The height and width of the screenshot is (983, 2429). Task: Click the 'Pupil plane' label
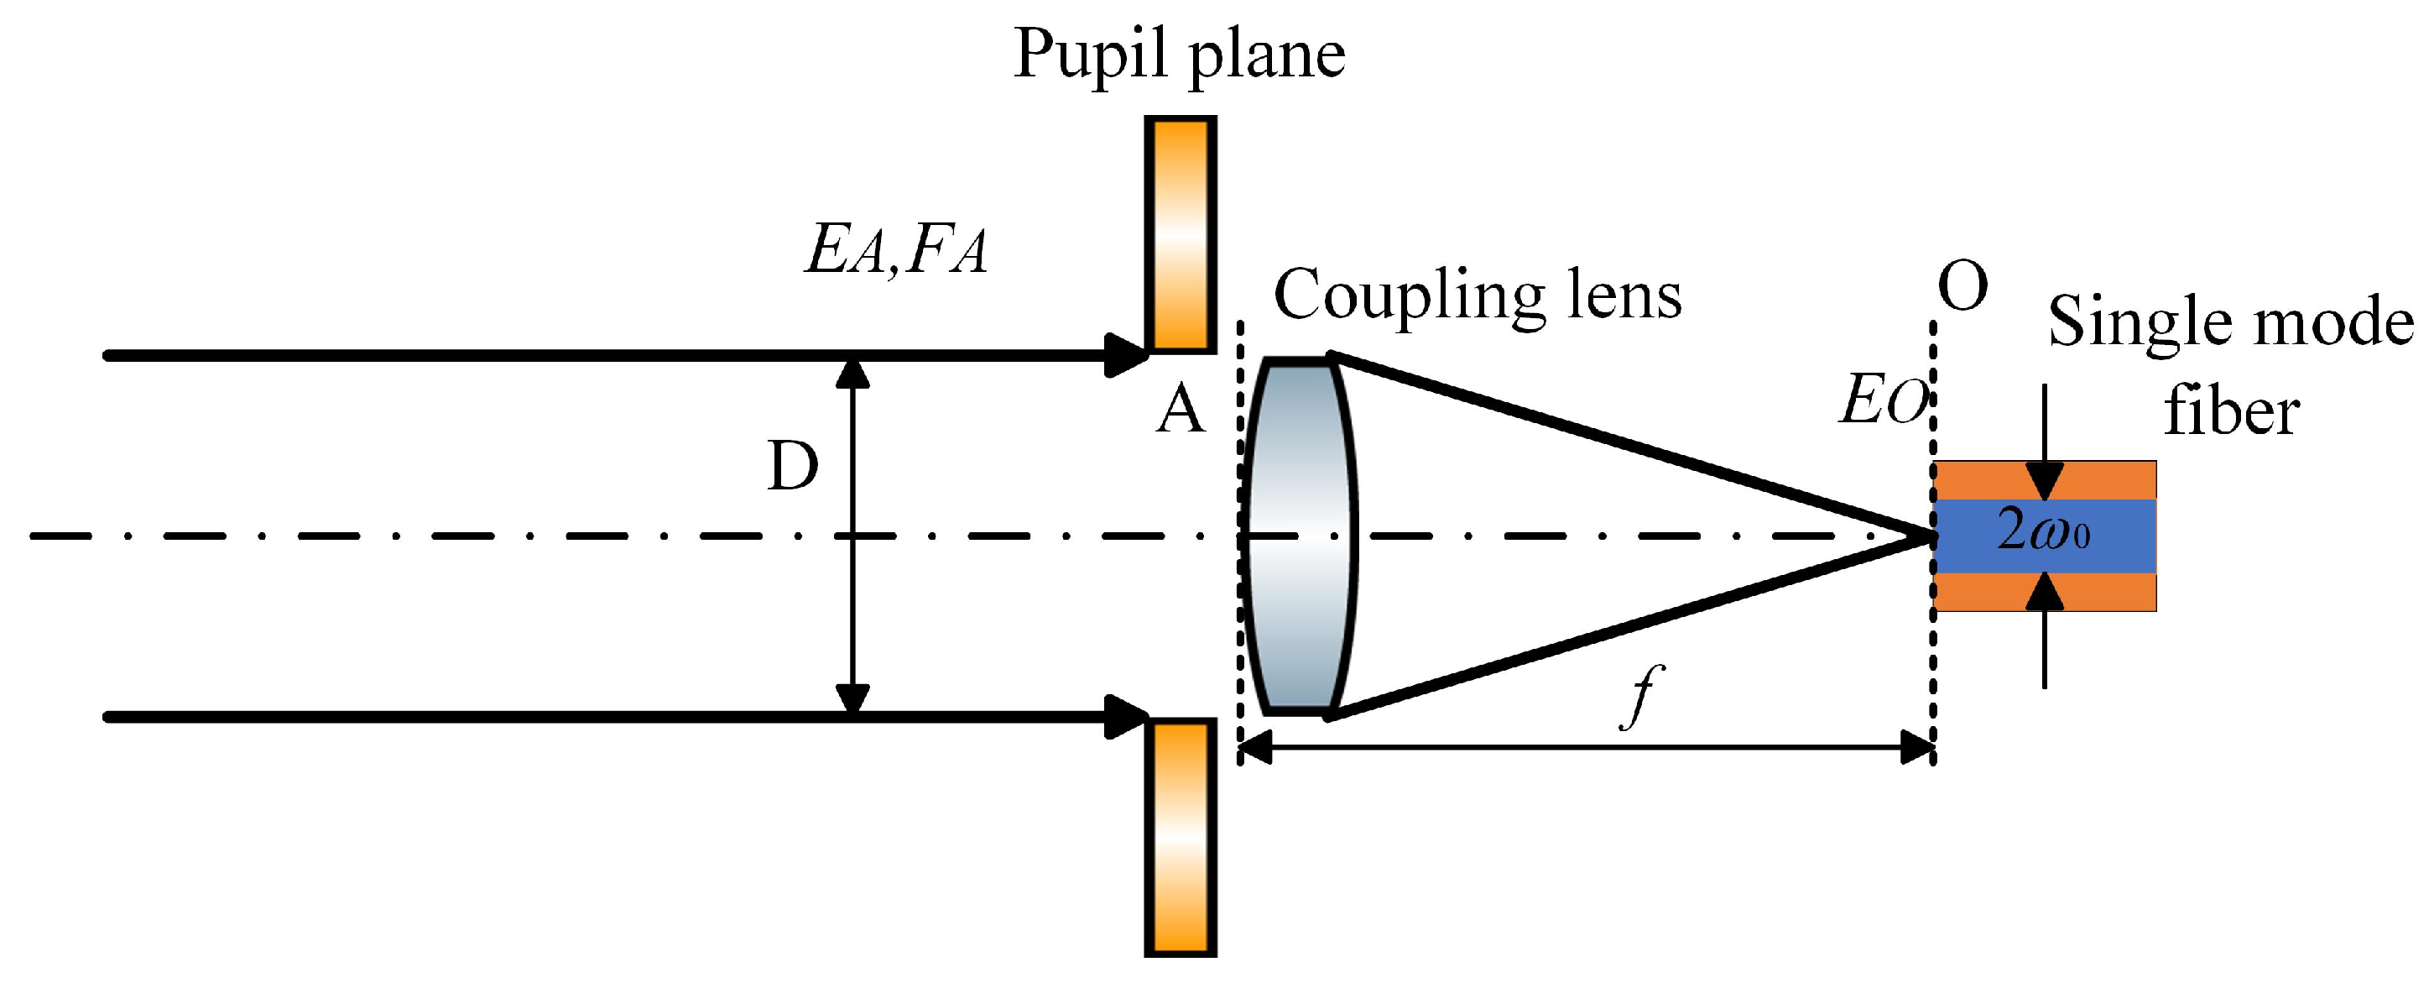[x=1179, y=55]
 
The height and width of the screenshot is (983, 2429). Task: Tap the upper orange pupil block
[x=1180, y=234]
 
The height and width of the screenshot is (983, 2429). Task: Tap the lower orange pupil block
[x=1180, y=837]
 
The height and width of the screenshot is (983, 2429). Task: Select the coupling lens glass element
[x=1299, y=536]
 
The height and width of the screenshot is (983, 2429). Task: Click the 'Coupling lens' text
[x=1478, y=295]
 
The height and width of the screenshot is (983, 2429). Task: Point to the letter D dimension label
[x=792, y=466]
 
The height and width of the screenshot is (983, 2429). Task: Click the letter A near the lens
[x=1180, y=411]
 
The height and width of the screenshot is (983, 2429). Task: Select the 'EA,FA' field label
[x=896, y=252]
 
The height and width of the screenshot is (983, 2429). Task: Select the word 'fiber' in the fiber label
[x=2231, y=411]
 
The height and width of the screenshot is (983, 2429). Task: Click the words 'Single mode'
[x=2231, y=322]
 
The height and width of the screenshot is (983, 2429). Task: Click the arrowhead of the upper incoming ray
[x=1125, y=356]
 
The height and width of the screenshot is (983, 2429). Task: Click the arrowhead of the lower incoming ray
[x=1125, y=717]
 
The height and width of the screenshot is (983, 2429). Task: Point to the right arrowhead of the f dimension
[x=1917, y=747]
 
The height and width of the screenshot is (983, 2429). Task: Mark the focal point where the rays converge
[x=1929, y=536]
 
